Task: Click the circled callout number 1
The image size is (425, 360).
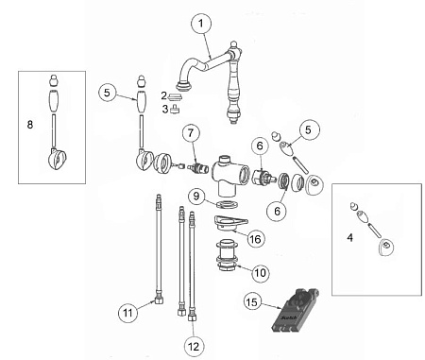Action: [201, 23]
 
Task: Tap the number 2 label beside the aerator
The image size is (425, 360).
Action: [163, 95]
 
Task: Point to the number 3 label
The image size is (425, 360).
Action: [165, 109]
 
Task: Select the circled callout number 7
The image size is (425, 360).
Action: [191, 133]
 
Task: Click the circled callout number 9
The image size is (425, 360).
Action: [196, 197]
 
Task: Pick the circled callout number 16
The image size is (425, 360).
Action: [255, 239]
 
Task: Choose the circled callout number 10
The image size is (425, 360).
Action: [261, 272]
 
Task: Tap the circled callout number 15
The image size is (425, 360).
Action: [252, 302]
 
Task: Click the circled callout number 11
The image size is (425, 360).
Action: [127, 313]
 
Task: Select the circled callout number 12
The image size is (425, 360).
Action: [194, 347]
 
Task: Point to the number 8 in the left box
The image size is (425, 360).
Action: [30, 125]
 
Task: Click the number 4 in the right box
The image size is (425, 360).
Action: [349, 237]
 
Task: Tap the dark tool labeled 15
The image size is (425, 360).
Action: [295, 310]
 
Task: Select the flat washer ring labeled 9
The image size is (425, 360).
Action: [227, 205]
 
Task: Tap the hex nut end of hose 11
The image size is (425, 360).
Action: [160, 300]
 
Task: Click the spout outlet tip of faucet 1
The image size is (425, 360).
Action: [183, 86]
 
